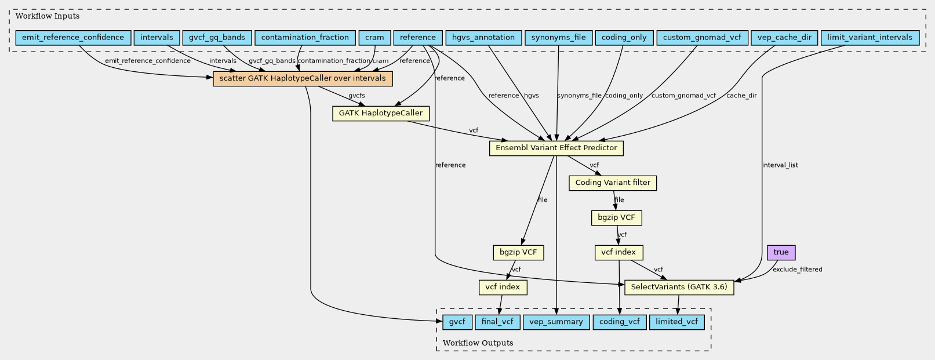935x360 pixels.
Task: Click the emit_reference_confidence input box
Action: pyautogui.click(x=73, y=38)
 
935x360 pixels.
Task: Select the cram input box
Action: pyautogui.click(x=374, y=38)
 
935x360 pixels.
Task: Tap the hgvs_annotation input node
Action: pyautogui.click(x=483, y=38)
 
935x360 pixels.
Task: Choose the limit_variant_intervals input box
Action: pyautogui.click(x=870, y=38)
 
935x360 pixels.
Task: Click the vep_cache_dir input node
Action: pyautogui.click(x=784, y=38)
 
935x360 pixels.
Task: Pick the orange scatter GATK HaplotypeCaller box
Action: pyautogui.click(x=303, y=78)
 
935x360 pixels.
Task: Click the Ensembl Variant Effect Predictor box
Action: pyautogui.click(x=556, y=148)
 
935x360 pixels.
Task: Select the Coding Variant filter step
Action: pyautogui.click(x=613, y=183)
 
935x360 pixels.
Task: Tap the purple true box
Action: pyautogui.click(x=781, y=252)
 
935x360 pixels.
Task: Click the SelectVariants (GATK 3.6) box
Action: pyautogui.click(x=679, y=288)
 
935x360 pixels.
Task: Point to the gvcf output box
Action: pyautogui.click(x=457, y=322)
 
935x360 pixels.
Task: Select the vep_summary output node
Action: pyautogui.click(x=556, y=322)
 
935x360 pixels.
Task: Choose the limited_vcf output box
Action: pyautogui.click(x=676, y=322)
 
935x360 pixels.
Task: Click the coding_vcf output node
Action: pyautogui.click(x=620, y=322)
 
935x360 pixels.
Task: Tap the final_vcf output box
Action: pyautogui.click(x=497, y=322)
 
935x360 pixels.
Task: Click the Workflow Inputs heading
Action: pyautogui.click(x=47, y=16)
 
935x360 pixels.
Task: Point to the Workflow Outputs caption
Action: pyautogui.click(x=478, y=343)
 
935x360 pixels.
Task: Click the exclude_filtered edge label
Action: pyautogui.click(x=797, y=270)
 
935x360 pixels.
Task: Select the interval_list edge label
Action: pyautogui.click(x=780, y=165)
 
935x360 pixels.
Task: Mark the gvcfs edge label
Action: pyautogui.click(x=356, y=96)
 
